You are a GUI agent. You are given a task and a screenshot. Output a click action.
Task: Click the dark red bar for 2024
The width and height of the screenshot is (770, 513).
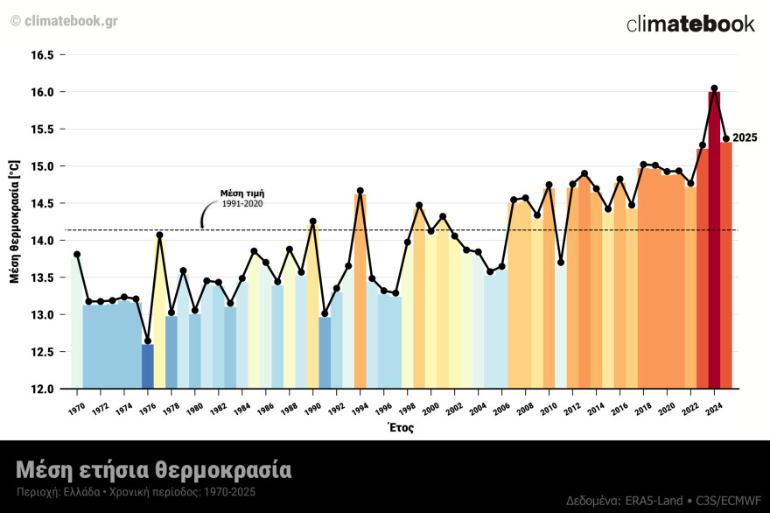[714, 245]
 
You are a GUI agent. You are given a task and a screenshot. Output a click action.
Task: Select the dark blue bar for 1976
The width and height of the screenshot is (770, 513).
[148, 367]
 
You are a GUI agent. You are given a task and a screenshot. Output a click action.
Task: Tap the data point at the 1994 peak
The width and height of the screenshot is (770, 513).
[360, 191]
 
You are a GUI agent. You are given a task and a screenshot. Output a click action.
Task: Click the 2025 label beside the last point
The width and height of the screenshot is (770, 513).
[745, 138]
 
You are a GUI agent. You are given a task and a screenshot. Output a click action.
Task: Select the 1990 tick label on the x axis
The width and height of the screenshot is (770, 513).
[311, 409]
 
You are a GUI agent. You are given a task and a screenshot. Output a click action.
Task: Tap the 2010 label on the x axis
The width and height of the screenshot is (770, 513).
[549, 409]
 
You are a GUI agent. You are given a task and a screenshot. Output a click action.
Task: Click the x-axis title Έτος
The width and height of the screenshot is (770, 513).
[399, 428]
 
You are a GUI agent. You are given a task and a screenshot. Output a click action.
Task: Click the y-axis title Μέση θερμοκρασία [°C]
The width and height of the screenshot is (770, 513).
[14, 221]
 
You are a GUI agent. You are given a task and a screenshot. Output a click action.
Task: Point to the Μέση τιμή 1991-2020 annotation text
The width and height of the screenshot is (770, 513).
[242, 198]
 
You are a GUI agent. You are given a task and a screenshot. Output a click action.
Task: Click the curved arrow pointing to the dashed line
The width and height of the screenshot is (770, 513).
[206, 214]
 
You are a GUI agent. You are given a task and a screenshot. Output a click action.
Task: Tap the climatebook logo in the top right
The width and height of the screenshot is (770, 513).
[690, 25]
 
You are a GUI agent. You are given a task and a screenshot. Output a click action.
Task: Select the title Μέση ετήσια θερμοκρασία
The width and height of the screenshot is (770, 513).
[153, 469]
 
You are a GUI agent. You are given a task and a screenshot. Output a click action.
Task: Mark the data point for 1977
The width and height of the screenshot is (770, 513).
[159, 235]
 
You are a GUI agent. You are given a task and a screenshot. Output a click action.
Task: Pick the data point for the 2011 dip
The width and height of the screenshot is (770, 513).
[561, 263]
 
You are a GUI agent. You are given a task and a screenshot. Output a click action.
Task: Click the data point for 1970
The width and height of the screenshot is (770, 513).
[77, 254]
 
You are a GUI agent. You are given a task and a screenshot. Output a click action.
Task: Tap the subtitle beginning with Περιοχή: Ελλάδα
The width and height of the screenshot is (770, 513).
[136, 493]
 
